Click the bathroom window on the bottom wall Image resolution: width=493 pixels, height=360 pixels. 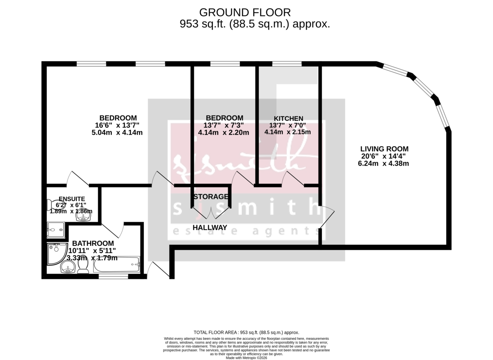113,277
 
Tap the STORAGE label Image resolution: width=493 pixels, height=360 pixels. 211,196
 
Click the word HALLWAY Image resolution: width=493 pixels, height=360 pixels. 210,228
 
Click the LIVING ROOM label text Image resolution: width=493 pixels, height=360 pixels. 384,149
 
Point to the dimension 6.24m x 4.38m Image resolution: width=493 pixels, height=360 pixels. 383,164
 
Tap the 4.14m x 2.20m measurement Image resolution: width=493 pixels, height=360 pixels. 223,133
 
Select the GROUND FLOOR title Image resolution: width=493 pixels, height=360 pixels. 245,12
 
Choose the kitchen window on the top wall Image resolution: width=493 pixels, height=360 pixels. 287,64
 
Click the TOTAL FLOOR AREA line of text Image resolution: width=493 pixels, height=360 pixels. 246,332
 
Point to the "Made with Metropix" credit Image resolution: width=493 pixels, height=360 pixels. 246,358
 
